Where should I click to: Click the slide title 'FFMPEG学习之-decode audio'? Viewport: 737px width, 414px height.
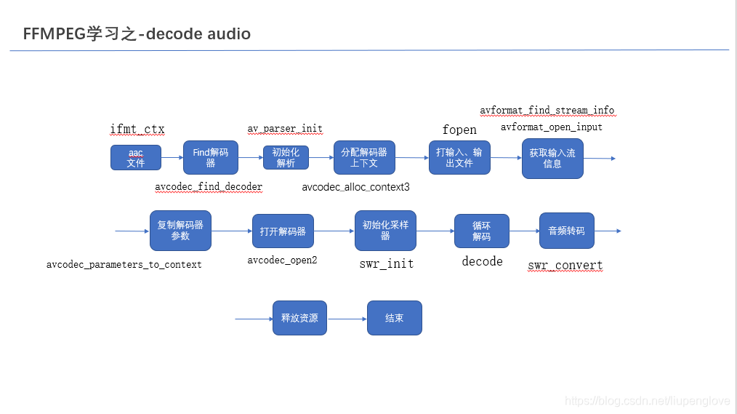click(x=137, y=33)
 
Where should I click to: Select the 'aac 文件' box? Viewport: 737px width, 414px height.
click(x=136, y=158)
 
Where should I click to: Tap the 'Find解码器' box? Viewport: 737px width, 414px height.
click(x=211, y=158)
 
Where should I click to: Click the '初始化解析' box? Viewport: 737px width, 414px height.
click(x=286, y=158)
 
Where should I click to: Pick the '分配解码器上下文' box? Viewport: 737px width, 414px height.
click(x=364, y=158)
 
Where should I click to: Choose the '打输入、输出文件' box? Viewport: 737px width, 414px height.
click(x=459, y=158)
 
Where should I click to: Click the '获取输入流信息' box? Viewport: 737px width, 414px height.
click(x=552, y=159)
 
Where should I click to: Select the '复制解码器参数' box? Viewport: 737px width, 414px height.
click(x=180, y=231)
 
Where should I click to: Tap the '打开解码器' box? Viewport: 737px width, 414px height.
click(x=283, y=231)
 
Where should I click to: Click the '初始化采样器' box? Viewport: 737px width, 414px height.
click(x=385, y=231)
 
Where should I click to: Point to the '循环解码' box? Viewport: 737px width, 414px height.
click(x=481, y=231)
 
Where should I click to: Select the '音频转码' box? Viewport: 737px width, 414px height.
click(x=566, y=231)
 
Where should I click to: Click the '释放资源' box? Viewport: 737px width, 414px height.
click(x=299, y=318)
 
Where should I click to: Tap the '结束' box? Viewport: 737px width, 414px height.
click(x=394, y=318)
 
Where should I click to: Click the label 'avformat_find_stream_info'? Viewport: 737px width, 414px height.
click(x=547, y=111)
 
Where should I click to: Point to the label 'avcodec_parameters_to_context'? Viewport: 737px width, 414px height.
click(x=124, y=264)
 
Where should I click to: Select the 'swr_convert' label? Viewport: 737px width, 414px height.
click(x=565, y=266)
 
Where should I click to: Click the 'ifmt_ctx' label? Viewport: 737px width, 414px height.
click(x=137, y=130)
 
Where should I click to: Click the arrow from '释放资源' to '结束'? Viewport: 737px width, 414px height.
click(x=347, y=319)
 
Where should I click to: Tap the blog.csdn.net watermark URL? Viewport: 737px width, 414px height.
click(x=647, y=401)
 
